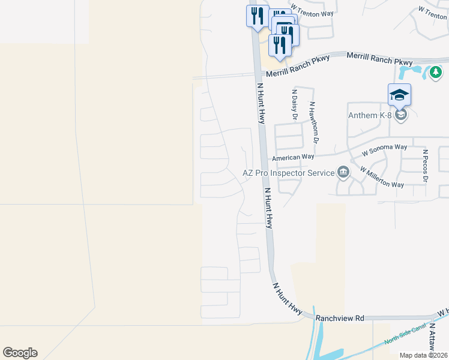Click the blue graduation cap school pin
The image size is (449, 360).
pyautogui.click(x=399, y=95)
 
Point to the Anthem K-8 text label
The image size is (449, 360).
pyautogui.click(x=371, y=115)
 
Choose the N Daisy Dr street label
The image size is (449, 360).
pyautogui.click(x=294, y=105)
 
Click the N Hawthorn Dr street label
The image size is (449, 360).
pyautogui.click(x=312, y=122)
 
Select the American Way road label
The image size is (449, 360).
pyautogui.click(x=293, y=157)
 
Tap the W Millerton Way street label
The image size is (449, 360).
pyautogui.click(x=381, y=177)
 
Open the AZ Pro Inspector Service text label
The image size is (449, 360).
pyautogui.click(x=288, y=173)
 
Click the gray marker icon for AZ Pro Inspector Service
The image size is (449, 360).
pyautogui.click(x=343, y=173)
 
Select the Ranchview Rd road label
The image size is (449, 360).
pyautogui.click(x=340, y=318)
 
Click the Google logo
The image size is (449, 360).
pyautogui.click(x=20, y=353)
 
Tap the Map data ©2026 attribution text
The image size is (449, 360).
pyautogui.click(x=424, y=355)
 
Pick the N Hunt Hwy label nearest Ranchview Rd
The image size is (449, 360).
pyautogui.click(x=288, y=299)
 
